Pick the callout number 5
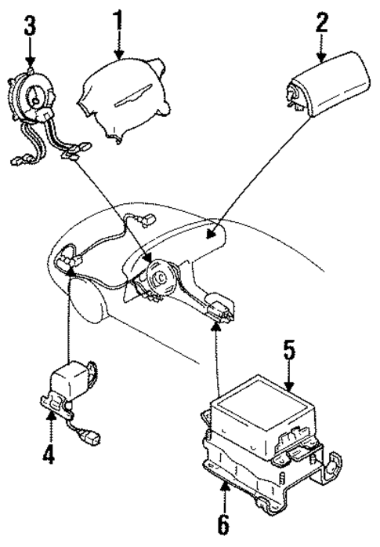point(288,349)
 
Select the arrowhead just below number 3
point(30,61)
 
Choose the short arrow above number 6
point(224,490)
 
